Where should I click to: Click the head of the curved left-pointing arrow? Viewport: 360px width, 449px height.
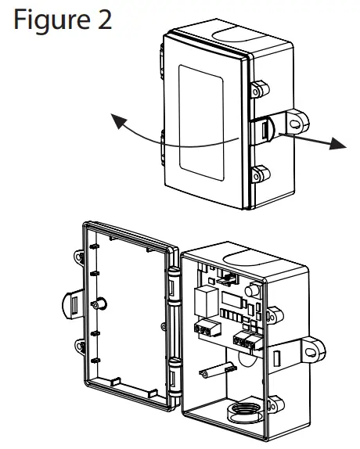pos(117,120)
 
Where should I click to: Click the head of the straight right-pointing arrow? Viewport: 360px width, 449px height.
pos(337,145)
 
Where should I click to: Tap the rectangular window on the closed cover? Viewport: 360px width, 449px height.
pos(203,120)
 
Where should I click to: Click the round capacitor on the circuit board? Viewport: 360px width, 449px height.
pos(252,293)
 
